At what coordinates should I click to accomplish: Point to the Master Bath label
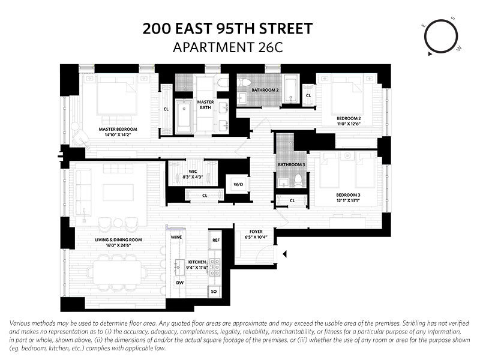coord(206,105)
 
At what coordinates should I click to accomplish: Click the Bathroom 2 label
coord(265,90)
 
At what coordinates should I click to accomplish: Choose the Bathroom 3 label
coord(291,164)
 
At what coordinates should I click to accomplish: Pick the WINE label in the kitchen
coord(176,237)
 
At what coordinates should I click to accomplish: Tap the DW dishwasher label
coord(179,282)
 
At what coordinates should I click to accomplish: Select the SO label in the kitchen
coord(214,292)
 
